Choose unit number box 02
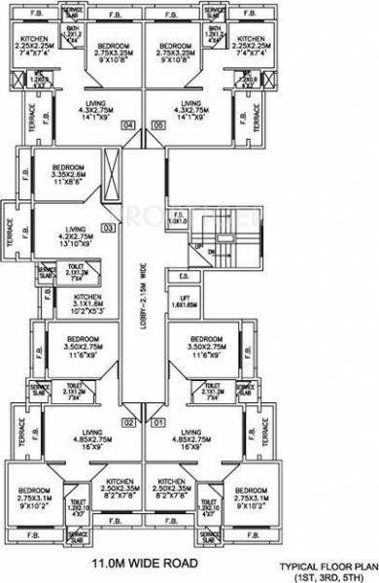pos(127,422)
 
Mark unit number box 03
pos(108,227)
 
